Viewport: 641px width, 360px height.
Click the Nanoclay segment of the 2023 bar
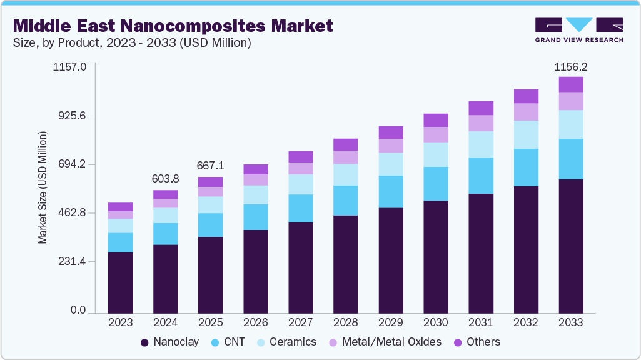pyautogui.click(x=120, y=282)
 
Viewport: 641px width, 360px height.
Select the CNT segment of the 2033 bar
pyautogui.click(x=571, y=159)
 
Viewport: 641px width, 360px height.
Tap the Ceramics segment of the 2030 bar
pyautogui.click(x=436, y=154)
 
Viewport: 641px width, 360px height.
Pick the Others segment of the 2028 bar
pyautogui.click(x=346, y=144)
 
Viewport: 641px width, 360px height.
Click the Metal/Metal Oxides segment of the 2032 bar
pyautogui.click(x=526, y=112)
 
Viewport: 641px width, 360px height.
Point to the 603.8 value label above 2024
pyautogui.click(x=165, y=179)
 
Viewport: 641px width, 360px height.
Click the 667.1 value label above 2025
pyautogui.click(x=210, y=166)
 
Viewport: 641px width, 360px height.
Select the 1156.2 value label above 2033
pyautogui.click(x=571, y=66)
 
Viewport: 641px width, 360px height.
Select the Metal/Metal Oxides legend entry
pyautogui.click(x=386, y=342)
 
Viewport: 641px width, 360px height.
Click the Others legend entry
pyautogui.click(x=476, y=342)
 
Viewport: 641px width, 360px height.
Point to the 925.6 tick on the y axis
pyautogui.click(x=73, y=116)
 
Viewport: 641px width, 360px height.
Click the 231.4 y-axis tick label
pyautogui.click(x=73, y=261)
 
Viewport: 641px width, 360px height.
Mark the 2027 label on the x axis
pyautogui.click(x=300, y=322)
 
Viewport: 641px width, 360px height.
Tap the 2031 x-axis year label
pyautogui.click(x=481, y=322)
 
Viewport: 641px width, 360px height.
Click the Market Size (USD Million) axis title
pyautogui.click(x=43, y=187)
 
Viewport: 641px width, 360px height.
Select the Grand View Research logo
pyautogui.click(x=578, y=29)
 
